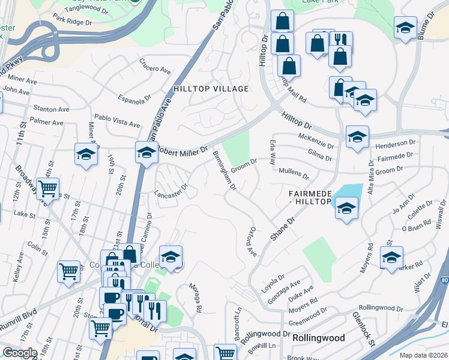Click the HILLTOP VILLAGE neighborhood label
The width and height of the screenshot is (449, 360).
point(211,89)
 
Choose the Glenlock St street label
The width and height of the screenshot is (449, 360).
point(364,329)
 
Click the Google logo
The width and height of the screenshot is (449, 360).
point(20,352)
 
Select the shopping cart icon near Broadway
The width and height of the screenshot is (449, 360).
point(47,188)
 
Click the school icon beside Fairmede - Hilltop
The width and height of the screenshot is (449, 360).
point(346,208)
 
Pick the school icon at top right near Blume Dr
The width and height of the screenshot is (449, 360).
point(405,27)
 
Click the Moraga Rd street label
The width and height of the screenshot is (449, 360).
point(196,297)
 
